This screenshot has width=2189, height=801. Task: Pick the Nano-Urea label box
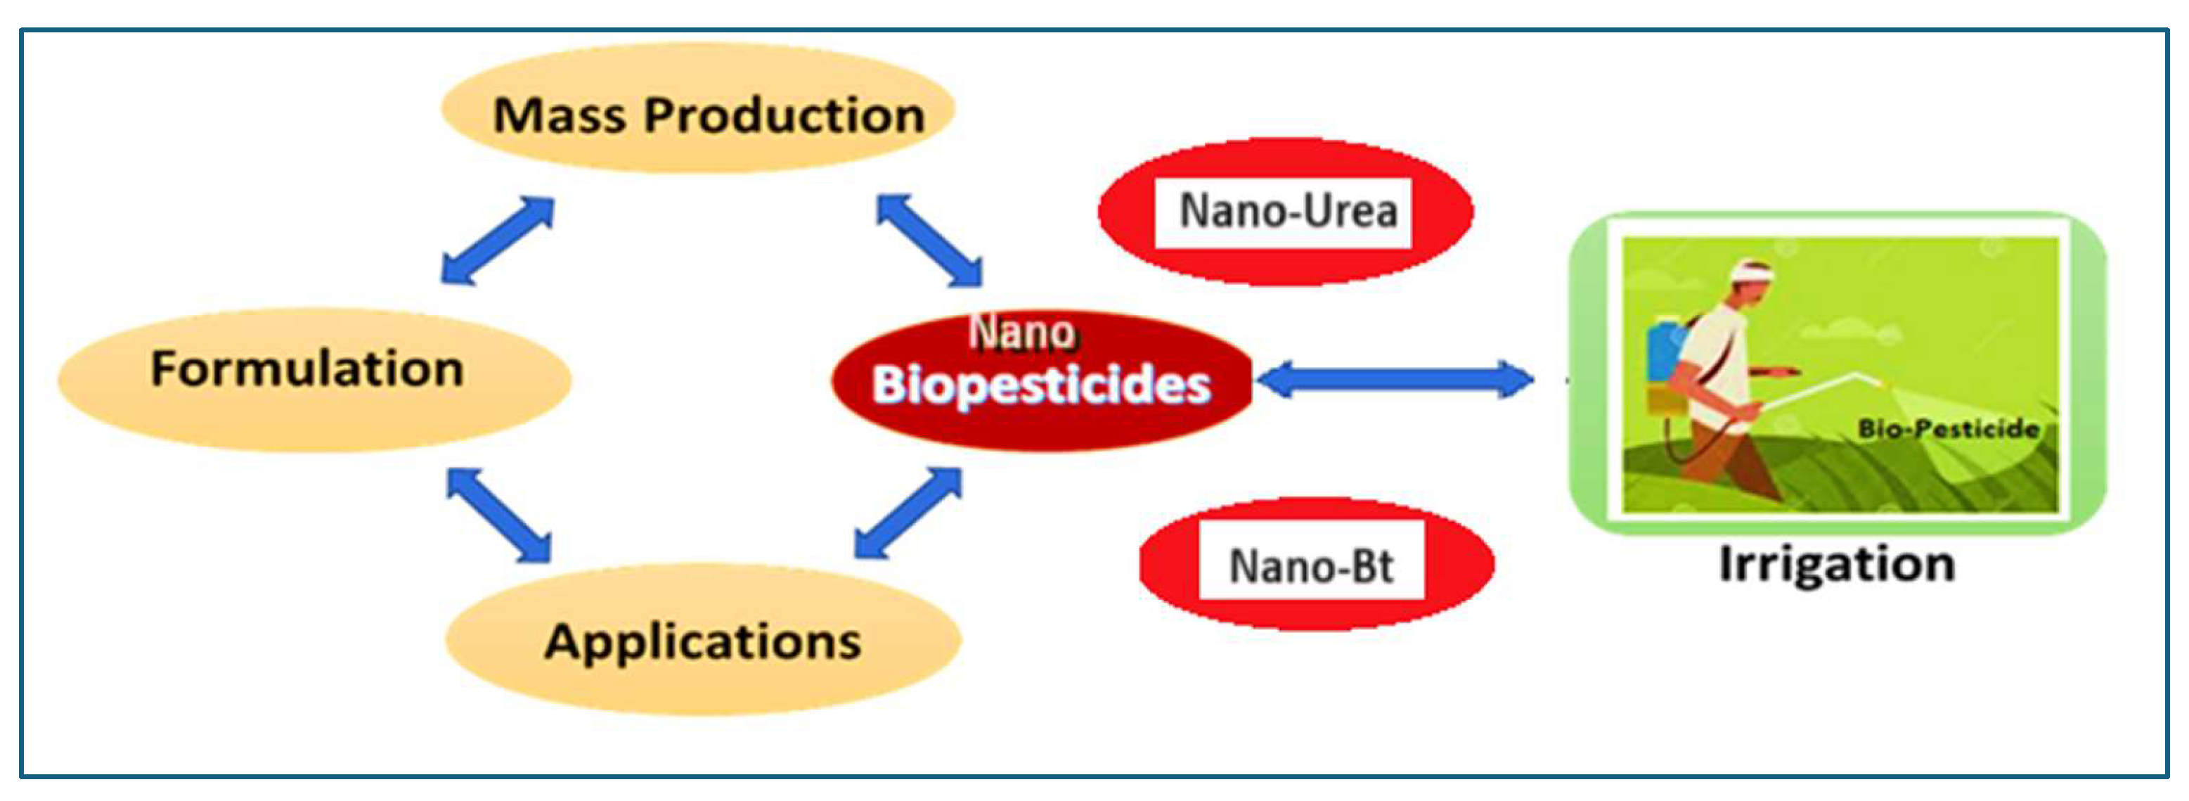coord(1283,212)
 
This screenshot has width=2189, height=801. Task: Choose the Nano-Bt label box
coord(1311,565)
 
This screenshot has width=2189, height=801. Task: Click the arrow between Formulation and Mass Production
coord(498,240)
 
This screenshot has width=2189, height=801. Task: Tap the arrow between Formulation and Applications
coord(499,515)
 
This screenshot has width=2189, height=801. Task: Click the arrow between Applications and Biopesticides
coord(908,513)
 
